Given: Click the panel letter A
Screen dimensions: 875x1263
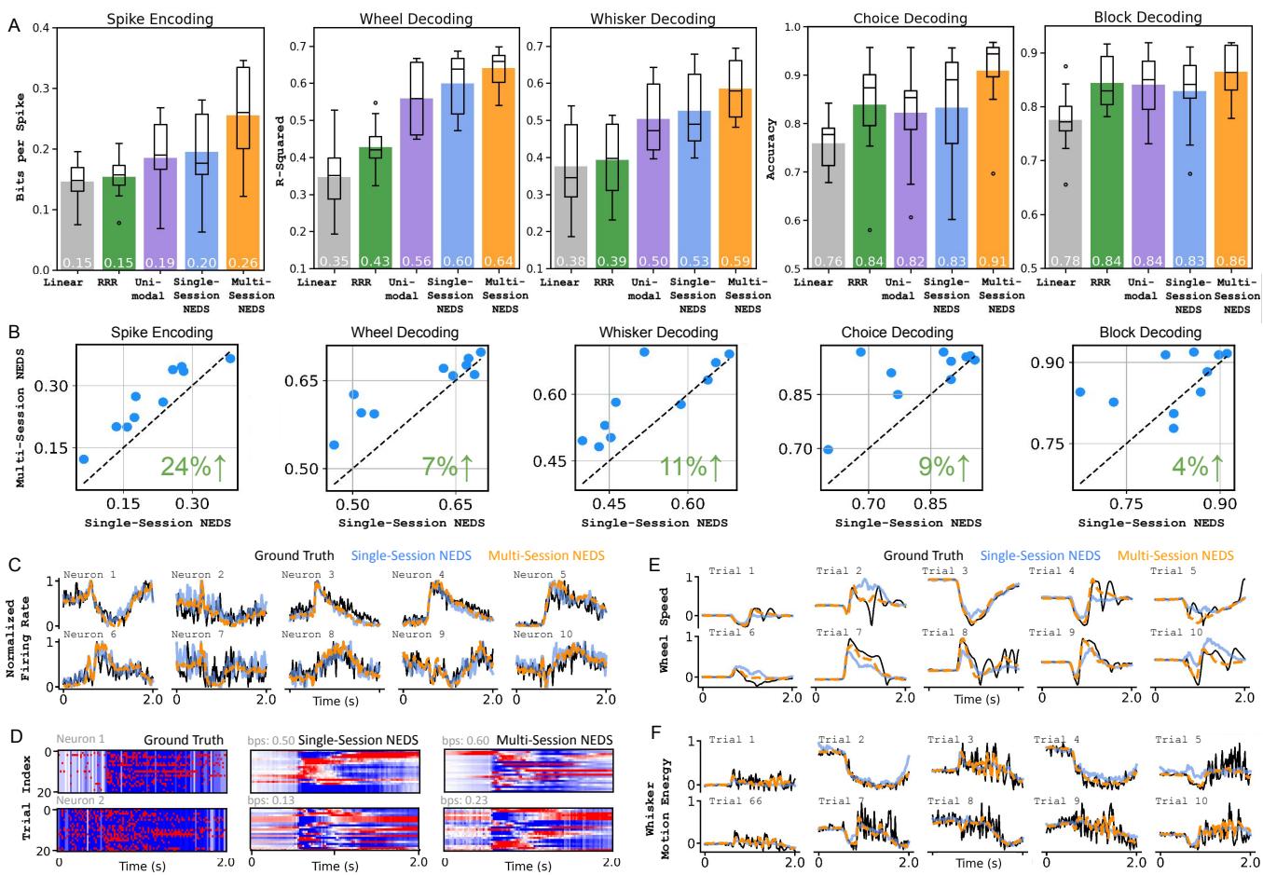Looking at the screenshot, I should coord(14,27).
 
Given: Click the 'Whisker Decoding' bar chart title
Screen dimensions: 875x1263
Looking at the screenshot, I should coord(652,19).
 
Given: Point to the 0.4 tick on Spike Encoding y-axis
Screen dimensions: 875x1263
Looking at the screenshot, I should coord(41,28).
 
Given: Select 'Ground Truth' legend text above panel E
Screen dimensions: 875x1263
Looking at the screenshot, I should coord(923,555).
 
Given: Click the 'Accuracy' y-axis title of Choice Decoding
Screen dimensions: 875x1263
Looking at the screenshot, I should coord(772,148).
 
